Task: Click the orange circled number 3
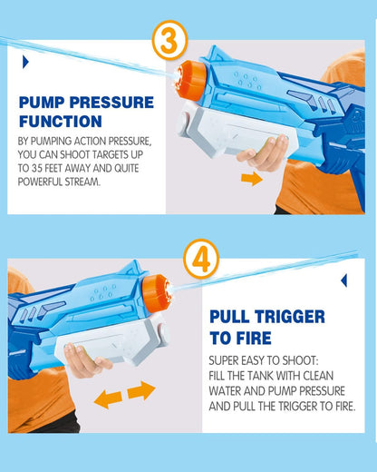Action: [169, 40]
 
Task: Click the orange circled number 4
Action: [201, 258]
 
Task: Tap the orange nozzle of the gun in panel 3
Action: [192, 80]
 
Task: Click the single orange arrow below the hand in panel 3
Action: [252, 179]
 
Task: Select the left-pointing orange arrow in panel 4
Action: [108, 399]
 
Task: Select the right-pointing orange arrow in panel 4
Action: [141, 390]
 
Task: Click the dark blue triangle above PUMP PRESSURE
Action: [25, 63]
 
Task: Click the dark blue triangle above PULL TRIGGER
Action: [343, 280]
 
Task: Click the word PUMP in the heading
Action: [42, 103]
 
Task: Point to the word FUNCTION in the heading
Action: [61, 122]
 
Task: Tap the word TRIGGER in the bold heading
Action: [290, 317]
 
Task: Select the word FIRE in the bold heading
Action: [254, 338]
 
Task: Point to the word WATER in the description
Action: [225, 391]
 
